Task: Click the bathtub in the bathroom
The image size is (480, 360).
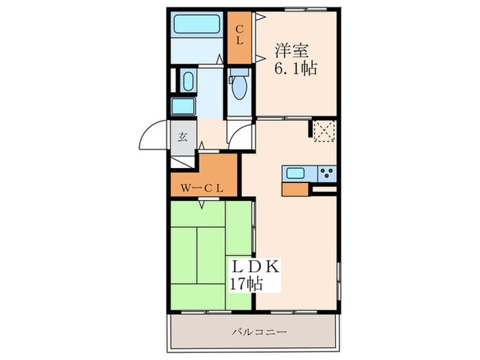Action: coord(197,23)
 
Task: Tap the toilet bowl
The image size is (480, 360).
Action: coord(239,88)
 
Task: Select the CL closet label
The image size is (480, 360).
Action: coord(239,35)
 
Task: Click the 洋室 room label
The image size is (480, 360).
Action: coord(291,51)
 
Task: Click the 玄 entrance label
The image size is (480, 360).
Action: coord(183,137)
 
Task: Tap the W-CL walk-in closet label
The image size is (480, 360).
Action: coord(202,189)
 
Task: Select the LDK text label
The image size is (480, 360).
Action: coord(255,267)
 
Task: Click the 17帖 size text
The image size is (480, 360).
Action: coord(246,284)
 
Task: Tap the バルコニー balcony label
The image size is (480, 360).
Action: coord(259,332)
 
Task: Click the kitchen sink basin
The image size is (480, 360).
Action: coord(296,173)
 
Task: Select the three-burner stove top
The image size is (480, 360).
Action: coord(327,173)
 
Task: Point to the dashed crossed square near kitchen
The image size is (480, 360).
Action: coord(324,131)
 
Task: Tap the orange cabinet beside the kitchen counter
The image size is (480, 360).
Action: coord(295,189)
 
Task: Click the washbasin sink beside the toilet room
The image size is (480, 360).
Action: coord(188,81)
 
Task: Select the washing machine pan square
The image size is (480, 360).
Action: coord(183,106)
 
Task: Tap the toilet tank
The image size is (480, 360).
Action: coord(239,72)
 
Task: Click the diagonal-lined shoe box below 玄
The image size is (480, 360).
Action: coord(182,163)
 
